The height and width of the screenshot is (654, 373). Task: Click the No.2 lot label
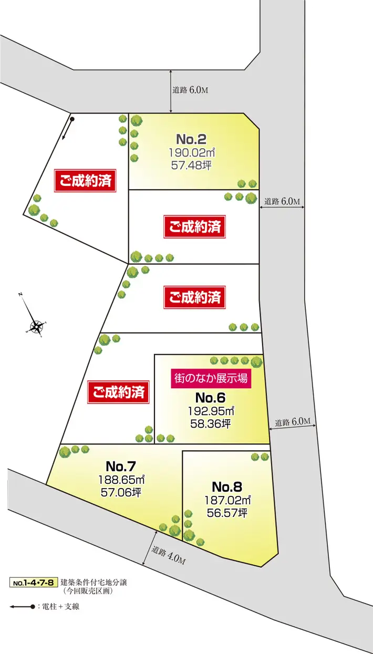point(191,140)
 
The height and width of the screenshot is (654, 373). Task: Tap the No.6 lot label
point(210,398)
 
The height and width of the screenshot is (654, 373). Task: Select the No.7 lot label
point(121,466)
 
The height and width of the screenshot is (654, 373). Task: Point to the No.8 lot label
point(227,486)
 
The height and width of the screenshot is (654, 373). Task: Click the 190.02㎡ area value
point(192,152)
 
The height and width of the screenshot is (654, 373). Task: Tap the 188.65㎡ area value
point(121,480)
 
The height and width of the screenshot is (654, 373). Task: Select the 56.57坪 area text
point(227,512)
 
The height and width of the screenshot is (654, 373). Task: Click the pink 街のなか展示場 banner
point(210,378)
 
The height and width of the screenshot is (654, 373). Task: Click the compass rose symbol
point(37,327)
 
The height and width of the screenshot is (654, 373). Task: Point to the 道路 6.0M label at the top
point(190,90)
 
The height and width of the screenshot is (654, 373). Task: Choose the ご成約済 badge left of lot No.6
point(118,392)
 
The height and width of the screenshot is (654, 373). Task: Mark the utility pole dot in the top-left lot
point(72,119)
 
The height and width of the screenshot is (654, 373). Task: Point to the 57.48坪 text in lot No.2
point(191,165)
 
